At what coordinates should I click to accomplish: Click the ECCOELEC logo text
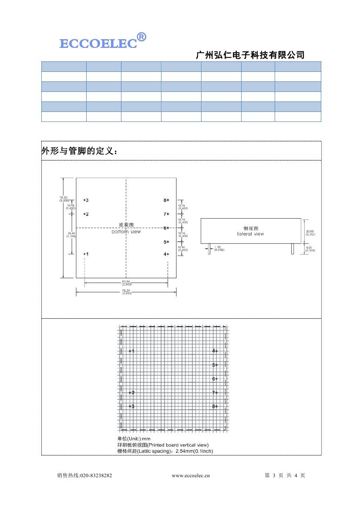tap(98, 44)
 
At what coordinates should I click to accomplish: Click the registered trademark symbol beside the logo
tap(141, 37)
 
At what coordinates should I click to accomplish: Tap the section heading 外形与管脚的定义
tap(79, 151)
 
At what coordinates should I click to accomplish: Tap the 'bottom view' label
tap(126, 232)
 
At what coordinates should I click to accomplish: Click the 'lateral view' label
tap(251, 234)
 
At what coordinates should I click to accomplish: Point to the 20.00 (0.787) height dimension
tap(310, 233)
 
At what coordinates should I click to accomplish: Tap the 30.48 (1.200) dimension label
tap(71, 234)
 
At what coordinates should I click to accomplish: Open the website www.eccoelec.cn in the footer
tap(191, 475)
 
